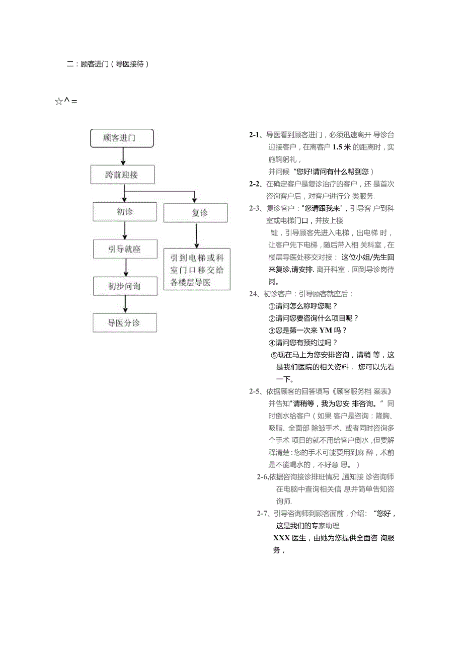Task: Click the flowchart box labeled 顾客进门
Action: (122, 138)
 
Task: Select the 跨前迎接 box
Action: (122, 175)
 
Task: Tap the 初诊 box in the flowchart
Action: (125, 212)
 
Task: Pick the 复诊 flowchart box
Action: (195, 213)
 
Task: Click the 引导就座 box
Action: (125, 249)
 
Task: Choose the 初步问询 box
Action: (125, 286)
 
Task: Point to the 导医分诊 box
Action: (125, 323)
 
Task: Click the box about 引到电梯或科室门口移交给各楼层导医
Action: (197, 270)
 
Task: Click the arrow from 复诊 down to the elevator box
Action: (196, 235)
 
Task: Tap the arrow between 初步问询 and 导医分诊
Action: (125, 304)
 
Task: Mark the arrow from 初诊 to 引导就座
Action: (125, 230)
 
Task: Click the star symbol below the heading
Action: (58, 102)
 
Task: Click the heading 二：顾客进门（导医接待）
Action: (108, 64)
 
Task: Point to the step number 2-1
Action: (255, 135)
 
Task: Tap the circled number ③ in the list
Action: (272, 331)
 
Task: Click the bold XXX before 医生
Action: (281, 538)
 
